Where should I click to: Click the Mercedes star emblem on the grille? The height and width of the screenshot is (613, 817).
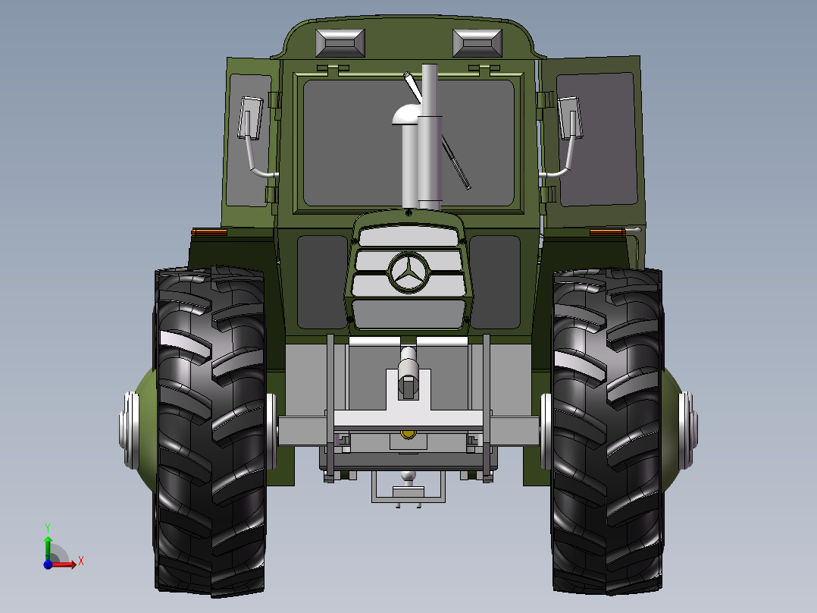click(409, 273)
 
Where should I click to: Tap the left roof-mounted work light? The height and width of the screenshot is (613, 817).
click(340, 42)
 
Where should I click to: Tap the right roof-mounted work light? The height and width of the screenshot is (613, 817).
click(477, 42)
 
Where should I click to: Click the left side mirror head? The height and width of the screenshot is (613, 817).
click(251, 118)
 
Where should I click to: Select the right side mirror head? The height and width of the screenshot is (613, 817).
click(569, 118)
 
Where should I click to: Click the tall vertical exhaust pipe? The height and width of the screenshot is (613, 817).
click(430, 137)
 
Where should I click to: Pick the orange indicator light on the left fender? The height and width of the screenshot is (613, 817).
click(209, 232)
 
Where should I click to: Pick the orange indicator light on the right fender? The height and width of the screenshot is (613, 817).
click(608, 232)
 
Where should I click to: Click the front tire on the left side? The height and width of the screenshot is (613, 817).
click(211, 431)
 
